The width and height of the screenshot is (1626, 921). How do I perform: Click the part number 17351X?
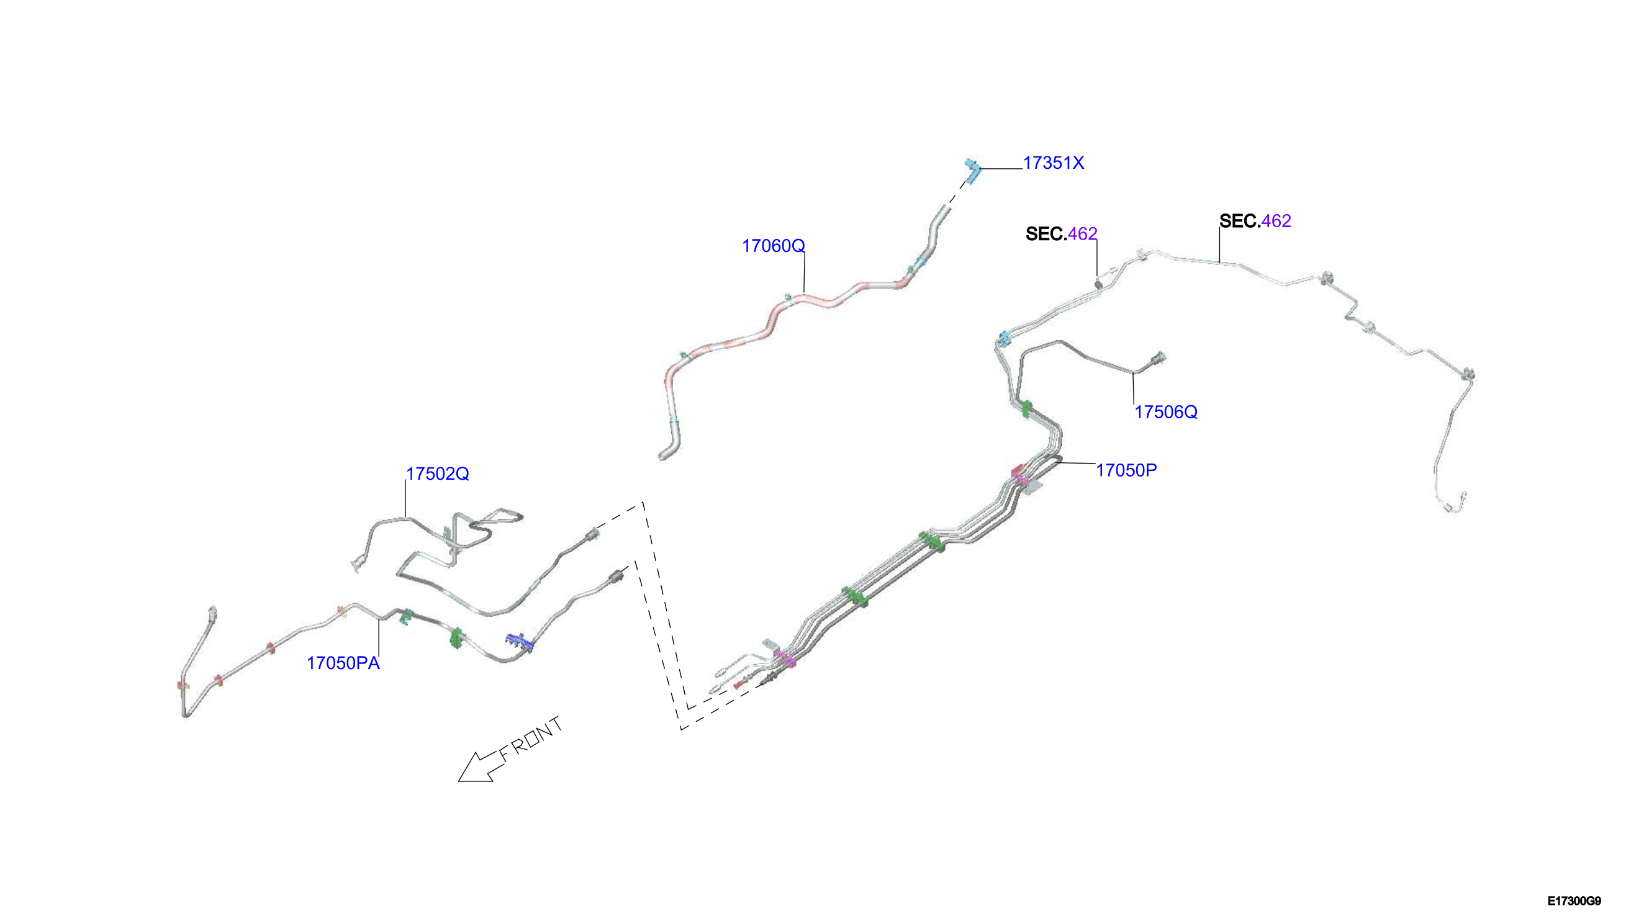tap(1053, 163)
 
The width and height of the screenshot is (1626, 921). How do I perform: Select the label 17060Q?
tap(772, 245)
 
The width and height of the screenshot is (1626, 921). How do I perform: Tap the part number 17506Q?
tap(1165, 412)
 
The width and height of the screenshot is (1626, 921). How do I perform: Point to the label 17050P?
tap(1126, 470)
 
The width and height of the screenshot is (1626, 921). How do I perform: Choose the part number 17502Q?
tap(437, 473)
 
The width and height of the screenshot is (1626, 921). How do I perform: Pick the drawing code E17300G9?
tap(1574, 901)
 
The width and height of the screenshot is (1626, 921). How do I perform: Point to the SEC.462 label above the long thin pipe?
tap(1255, 221)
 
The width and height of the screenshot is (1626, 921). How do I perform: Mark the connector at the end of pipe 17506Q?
tap(1157, 359)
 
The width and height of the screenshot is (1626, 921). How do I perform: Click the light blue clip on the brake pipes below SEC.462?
tap(1003, 338)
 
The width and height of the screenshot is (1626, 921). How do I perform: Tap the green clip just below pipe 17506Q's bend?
tap(1026, 409)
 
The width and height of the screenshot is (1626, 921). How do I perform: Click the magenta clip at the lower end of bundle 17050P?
tap(785, 658)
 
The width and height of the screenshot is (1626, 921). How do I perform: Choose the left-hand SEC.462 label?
tap(1061, 233)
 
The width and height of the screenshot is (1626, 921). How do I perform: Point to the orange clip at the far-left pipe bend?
tap(182, 685)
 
